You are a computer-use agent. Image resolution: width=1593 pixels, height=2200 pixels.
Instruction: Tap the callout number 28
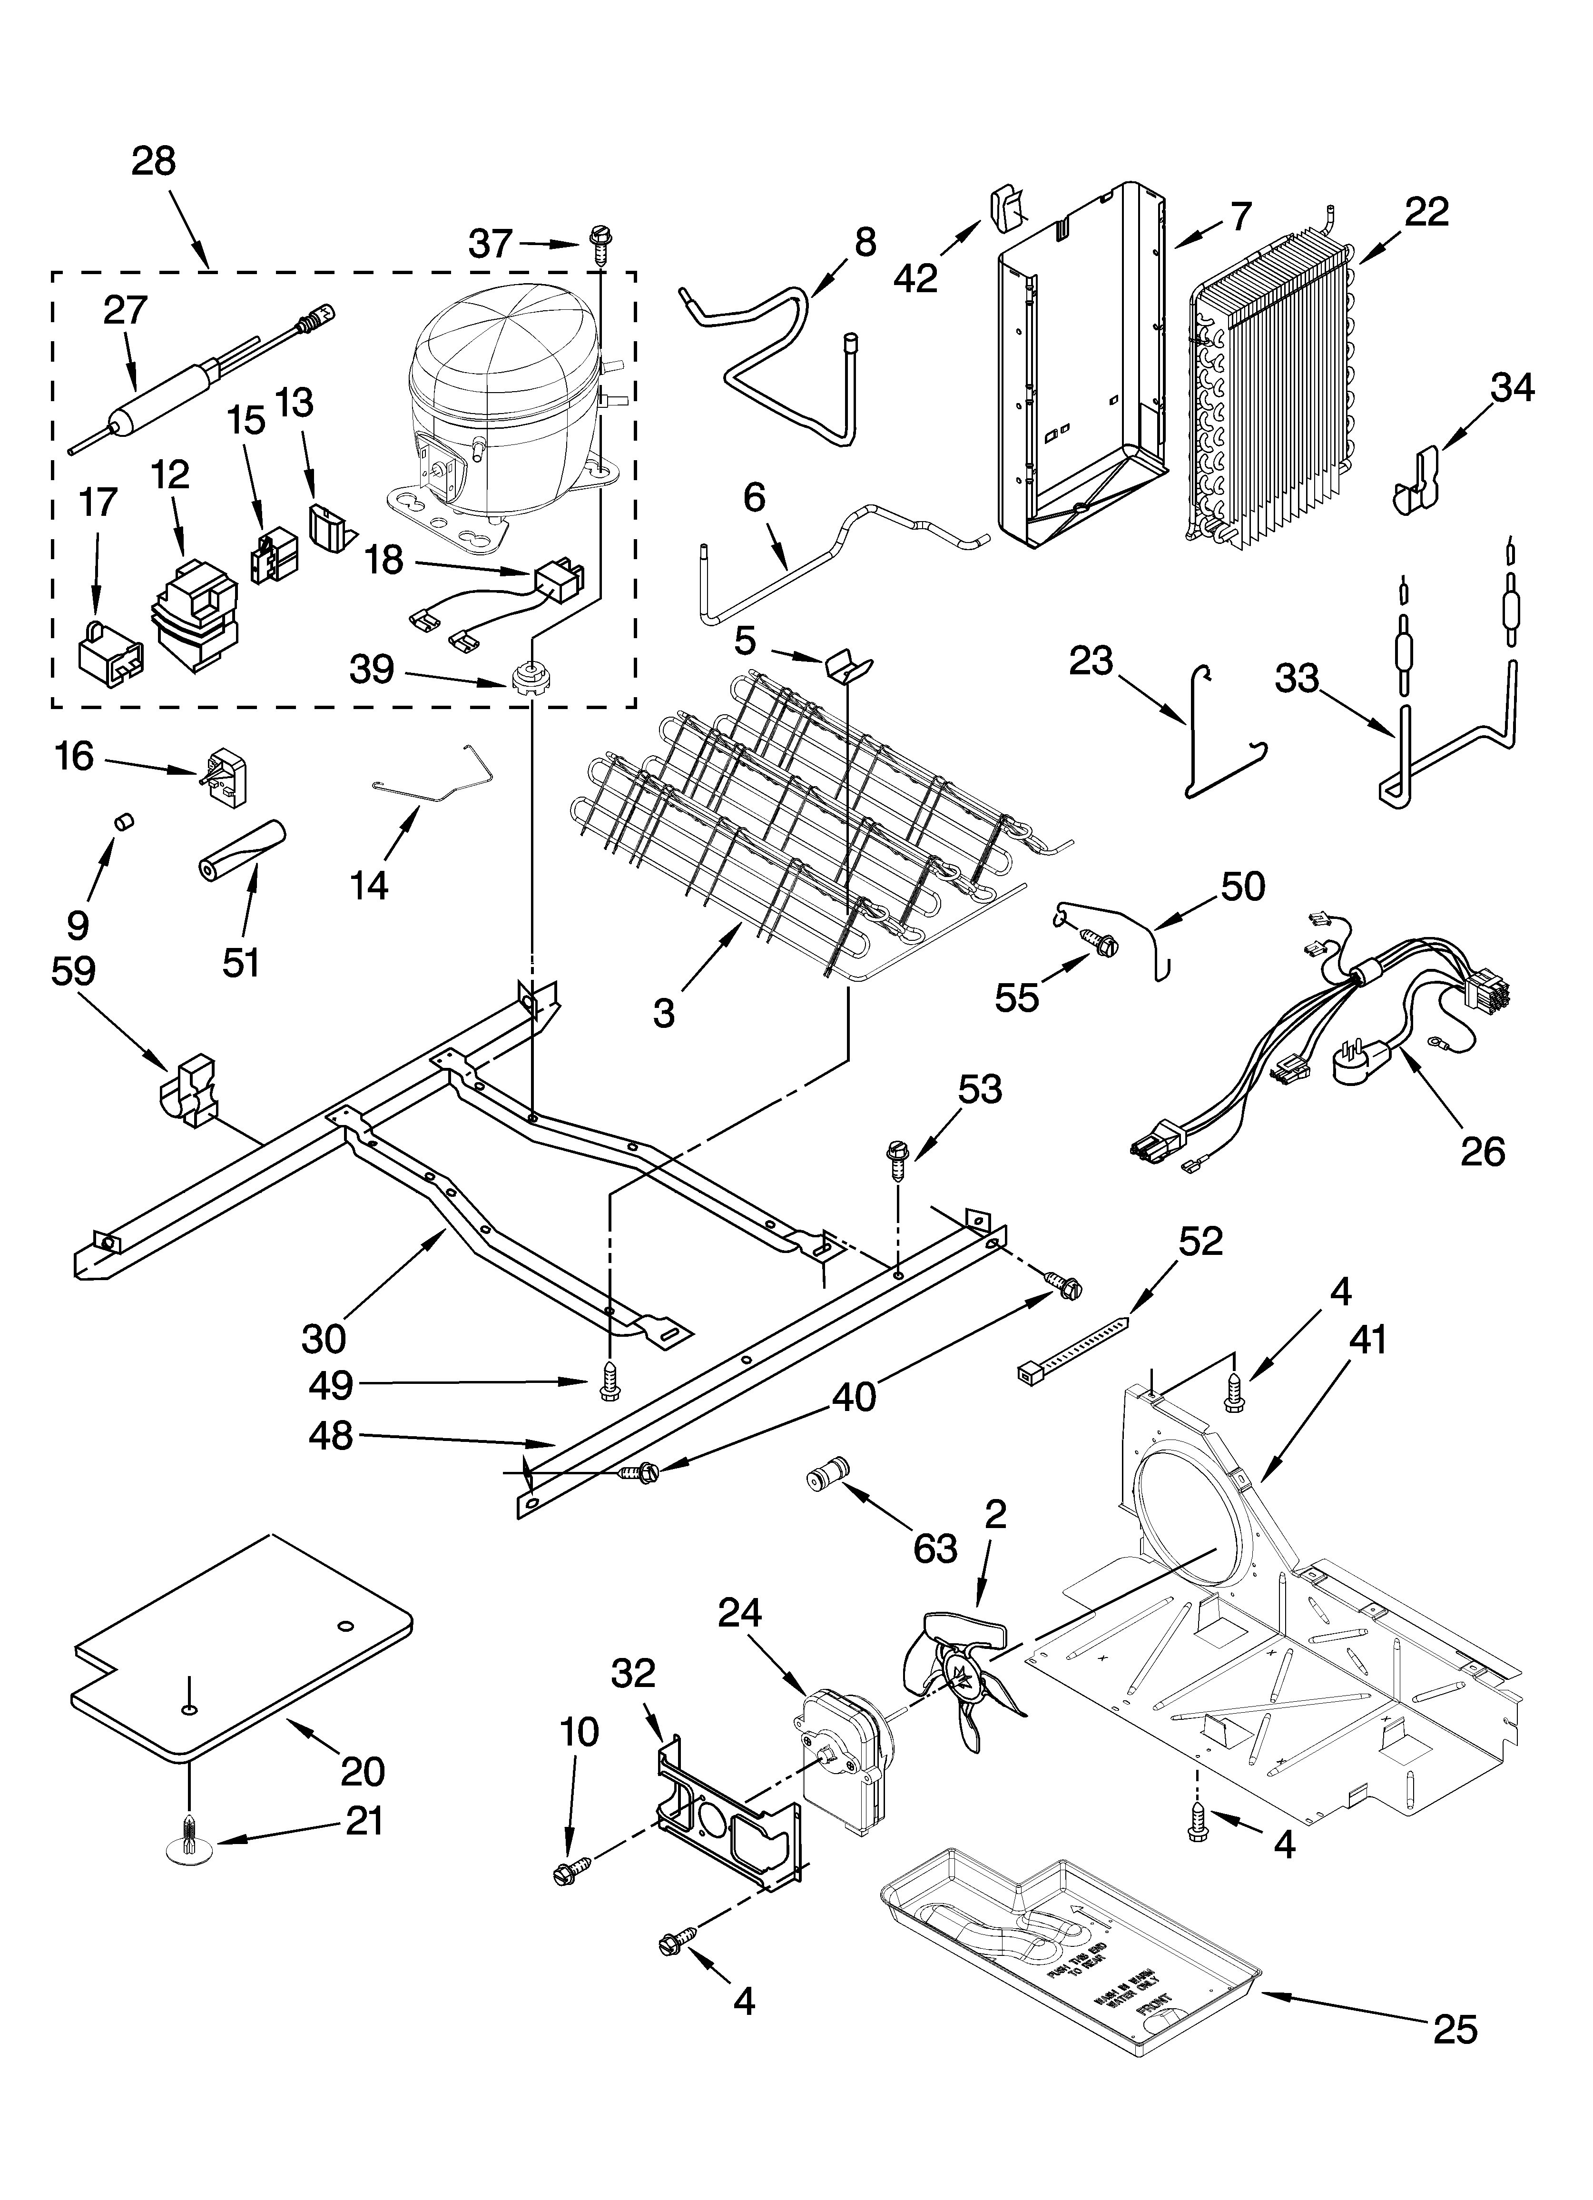[x=153, y=161]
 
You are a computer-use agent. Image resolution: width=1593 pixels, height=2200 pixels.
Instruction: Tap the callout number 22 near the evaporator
[x=1426, y=211]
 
